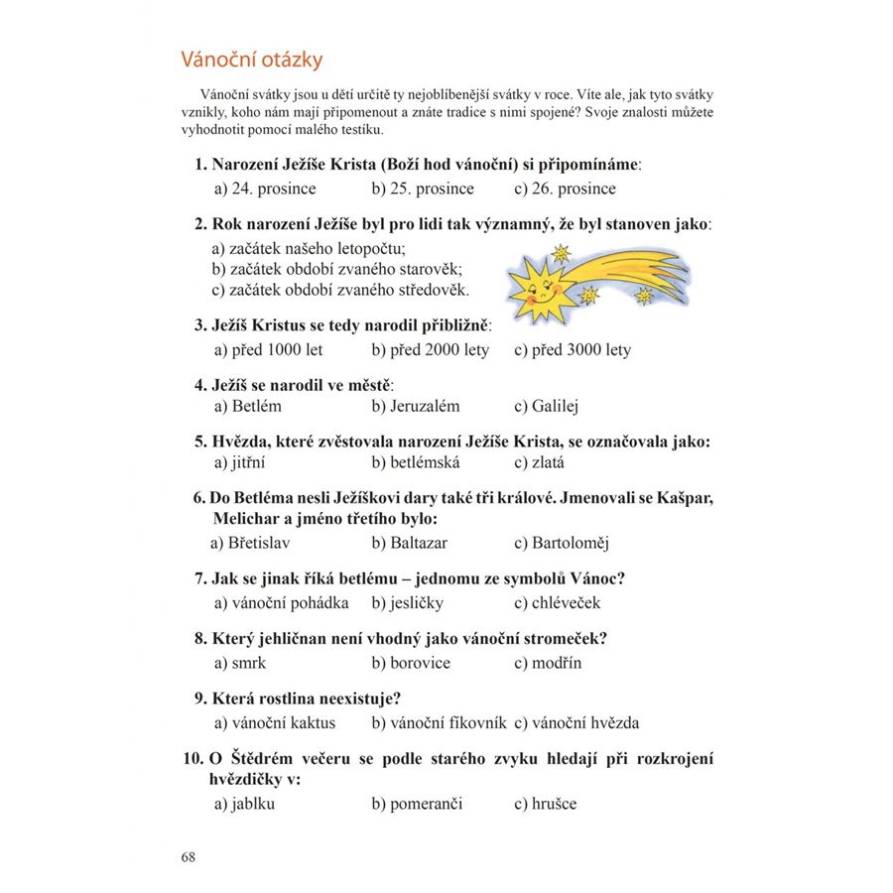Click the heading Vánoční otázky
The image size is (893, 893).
tap(251, 60)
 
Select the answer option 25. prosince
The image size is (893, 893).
tap(423, 189)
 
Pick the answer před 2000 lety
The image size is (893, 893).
tap(430, 349)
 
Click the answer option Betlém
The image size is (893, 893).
tap(248, 406)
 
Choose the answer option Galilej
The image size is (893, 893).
tap(546, 406)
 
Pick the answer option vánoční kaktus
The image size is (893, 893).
tap(275, 722)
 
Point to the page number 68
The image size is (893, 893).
tap(189, 856)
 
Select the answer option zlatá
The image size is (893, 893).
tap(540, 461)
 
